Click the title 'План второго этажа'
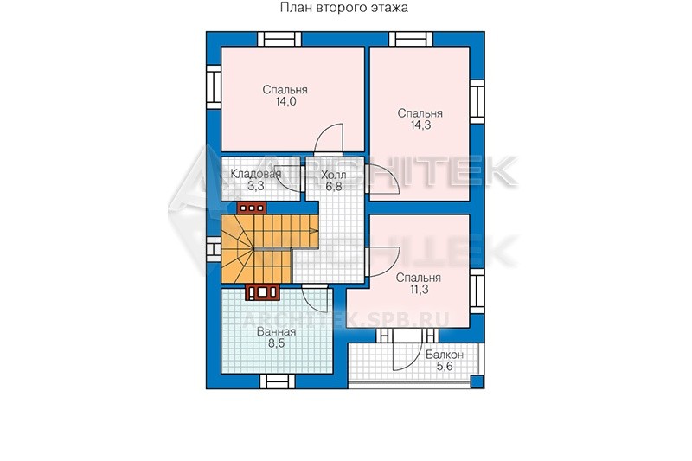click(343, 8)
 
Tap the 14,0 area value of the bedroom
click(285, 102)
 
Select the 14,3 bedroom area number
click(420, 125)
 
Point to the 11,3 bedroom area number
click(419, 290)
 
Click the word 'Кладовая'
click(255, 174)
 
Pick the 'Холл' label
click(334, 175)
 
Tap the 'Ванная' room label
click(276, 332)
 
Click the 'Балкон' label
click(445, 355)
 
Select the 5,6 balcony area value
click(445, 366)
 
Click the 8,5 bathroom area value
click(276, 343)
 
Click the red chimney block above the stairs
click(252, 208)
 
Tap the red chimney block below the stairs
click(263, 291)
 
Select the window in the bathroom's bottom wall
click(277, 381)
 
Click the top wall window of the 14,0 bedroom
click(279, 39)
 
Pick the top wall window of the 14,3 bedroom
click(411, 39)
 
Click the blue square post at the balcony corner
click(477, 381)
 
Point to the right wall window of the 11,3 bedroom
click(477, 291)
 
